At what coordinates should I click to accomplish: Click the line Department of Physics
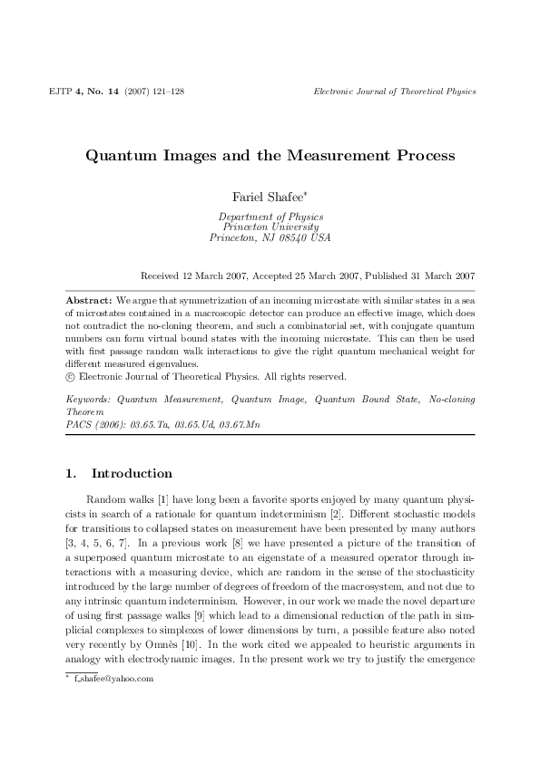click(270, 217)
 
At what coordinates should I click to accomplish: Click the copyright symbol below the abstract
click(73, 374)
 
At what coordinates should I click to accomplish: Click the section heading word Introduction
click(132, 473)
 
